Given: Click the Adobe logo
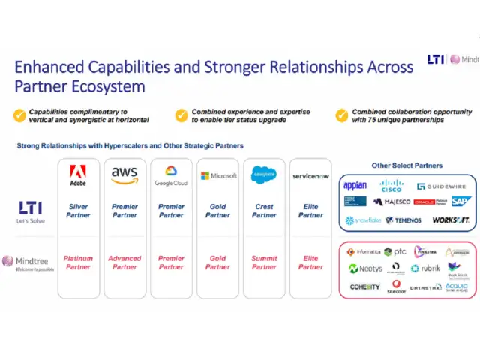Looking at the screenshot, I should point(78,175).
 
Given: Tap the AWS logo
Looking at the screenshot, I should point(124,175).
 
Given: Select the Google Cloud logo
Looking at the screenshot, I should point(171,176).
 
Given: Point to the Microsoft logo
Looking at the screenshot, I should point(218,175).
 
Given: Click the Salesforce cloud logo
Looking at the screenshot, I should point(264,175).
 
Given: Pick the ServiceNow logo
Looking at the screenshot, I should point(310,175).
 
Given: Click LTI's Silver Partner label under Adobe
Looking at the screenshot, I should point(78,211).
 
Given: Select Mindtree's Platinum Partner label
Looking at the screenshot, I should point(78,262).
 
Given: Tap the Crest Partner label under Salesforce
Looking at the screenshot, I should point(264,211).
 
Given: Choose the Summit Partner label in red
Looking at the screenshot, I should point(264,262).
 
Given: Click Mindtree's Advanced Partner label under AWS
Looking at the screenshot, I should point(124,262).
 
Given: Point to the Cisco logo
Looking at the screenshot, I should point(391,185).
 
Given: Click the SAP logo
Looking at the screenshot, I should point(460,201).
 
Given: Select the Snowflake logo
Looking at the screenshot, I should point(363,220).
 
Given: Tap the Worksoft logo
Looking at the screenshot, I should point(450,220).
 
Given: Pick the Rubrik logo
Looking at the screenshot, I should point(425,268).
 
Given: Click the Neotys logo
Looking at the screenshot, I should point(365,268).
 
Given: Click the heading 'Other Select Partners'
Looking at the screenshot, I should point(407,166).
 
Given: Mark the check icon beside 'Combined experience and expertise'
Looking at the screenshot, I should point(181,115).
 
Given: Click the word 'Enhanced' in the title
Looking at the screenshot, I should point(50,67).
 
